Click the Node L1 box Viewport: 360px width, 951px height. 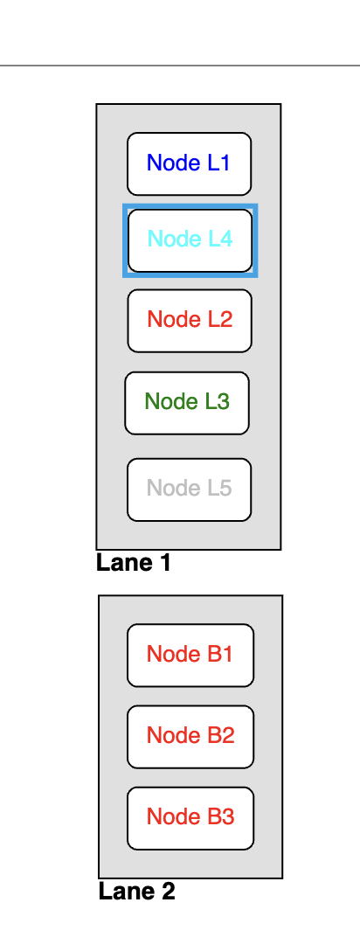pyautogui.click(x=189, y=163)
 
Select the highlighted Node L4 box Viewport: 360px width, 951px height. pyautogui.click(x=190, y=240)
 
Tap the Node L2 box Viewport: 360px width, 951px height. pyautogui.click(x=190, y=320)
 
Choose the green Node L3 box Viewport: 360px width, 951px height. pyautogui.click(x=187, y=403)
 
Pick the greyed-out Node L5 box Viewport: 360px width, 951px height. pyautogui.click(x=189, y=489)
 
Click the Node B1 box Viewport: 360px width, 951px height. pyautogui.click(x=190, y=655)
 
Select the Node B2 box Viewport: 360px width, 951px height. pyautogui.click(x=190, y=736)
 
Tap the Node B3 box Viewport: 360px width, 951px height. pyautogui.click(x=190, y=818)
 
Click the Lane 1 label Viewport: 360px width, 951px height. pyautogui.click(x=134, y=563)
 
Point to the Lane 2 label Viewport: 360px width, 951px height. pyautogui.click(x=136, y=891)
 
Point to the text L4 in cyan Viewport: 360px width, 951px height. pyautogui.click(x=220, y=239)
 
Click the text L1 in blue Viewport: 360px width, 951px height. pyautogui.click(x=218, y=163)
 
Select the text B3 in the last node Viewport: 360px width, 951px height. pyautogui.click(x=221, y=816)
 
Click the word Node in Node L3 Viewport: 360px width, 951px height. pyautogui.click(x=165, y=401)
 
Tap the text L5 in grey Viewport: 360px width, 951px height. pyautogui.click(x=219, y=488)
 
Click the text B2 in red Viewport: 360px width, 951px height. pyautogui.click(x=221, y=735)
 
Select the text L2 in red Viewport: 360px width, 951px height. pyautogui.click(x=220, y=319)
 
